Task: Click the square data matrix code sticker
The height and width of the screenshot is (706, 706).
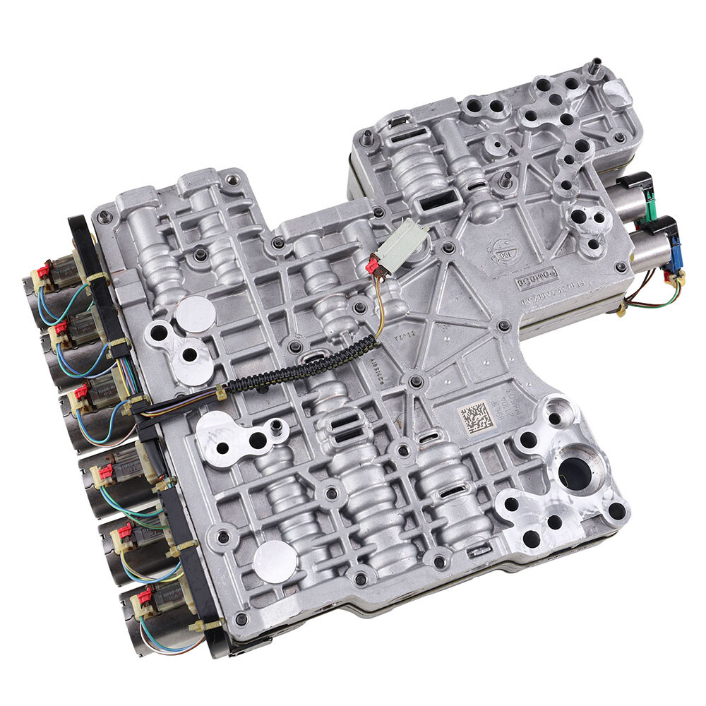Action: pos(474,418)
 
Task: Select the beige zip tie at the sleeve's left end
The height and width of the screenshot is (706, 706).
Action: pos(222,393)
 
